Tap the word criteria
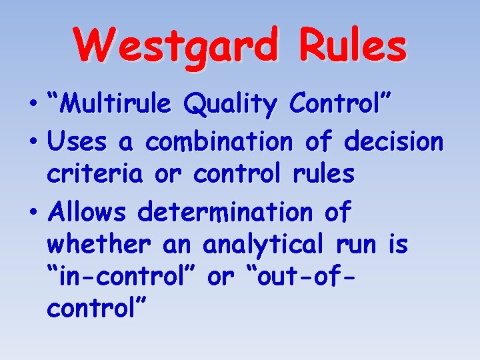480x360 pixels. (94, 174)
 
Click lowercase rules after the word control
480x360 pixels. (323, 174)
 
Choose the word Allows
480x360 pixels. (87, 212)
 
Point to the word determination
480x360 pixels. (224, 212)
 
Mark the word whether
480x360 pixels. (100, 245)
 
